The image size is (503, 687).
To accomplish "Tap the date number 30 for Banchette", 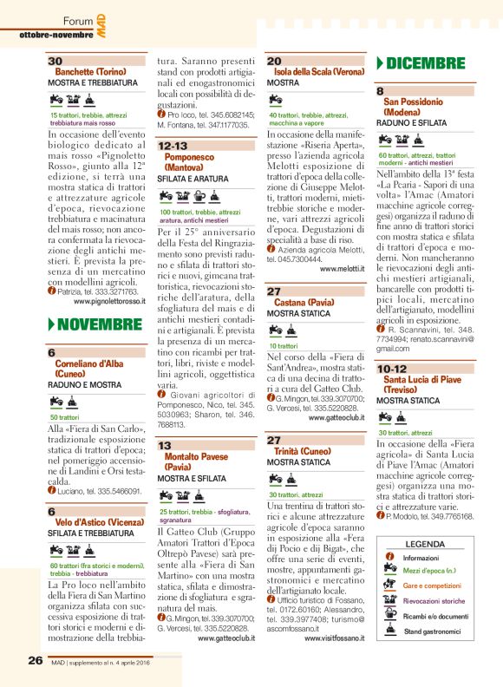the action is click(x=56, y=61).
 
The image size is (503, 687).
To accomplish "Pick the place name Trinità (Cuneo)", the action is click(x=305, y=451).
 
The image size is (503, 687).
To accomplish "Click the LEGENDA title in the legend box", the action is click(x=424, y=544).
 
